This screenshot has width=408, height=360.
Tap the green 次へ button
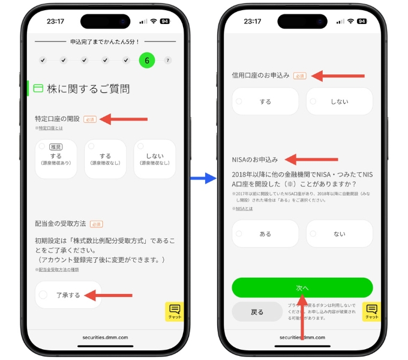pyautogui.click(x=302, y=287)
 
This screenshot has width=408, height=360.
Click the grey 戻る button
pyautogui.click(x=257, y=312)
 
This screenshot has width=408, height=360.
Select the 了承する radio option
pyautogui.click(x=68, y=295)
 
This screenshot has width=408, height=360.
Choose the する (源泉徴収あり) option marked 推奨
pyautogui.click(x=56, y=159)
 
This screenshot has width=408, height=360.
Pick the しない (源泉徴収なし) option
pyautogui.click(x=155, y=159)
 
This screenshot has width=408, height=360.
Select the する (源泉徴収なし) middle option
pyautogui.click(x=105, y=159)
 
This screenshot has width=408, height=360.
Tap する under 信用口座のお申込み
pyautogui.click(x=265, y=101)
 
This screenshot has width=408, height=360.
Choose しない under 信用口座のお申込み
pyautogui.click(x=339, y=101)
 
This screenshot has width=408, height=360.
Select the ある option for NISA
pyautogui.click(x=265, y=234)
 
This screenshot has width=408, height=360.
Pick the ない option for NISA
pyautogui.click(x=339, y=234)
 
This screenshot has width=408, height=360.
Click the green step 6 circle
pyautogui.click(x=147, y=60)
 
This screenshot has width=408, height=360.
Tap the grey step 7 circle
pyautogui.click(x=168, y=60)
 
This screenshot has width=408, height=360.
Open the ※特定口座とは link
pyautogui.click(x=49, y=128)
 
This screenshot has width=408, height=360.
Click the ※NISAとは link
pyautogui.click(x=242, y=208)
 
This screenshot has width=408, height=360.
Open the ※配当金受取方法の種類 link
pyautogui.click(x=58, y=270)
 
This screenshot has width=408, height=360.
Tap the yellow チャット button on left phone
pyautogui.click(x=175, y=311)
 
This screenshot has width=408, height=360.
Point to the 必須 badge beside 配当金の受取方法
pyautogui.click(x=96, y=224)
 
